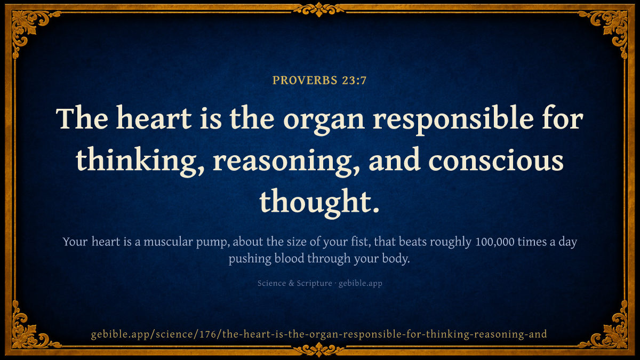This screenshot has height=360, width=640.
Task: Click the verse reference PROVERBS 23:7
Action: click(x=319, y=81)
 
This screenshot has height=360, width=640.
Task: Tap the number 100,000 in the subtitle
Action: click(x=495, y=242)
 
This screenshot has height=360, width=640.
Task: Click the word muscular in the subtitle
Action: click(x=168, y=242)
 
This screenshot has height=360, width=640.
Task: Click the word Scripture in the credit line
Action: click(x=314, y=283)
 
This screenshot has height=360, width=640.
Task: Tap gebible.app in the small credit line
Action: click(x=361, y=283)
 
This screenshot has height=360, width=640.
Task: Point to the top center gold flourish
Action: click(x=319, y=10)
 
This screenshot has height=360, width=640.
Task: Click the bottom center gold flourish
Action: click(x=319, y=350)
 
